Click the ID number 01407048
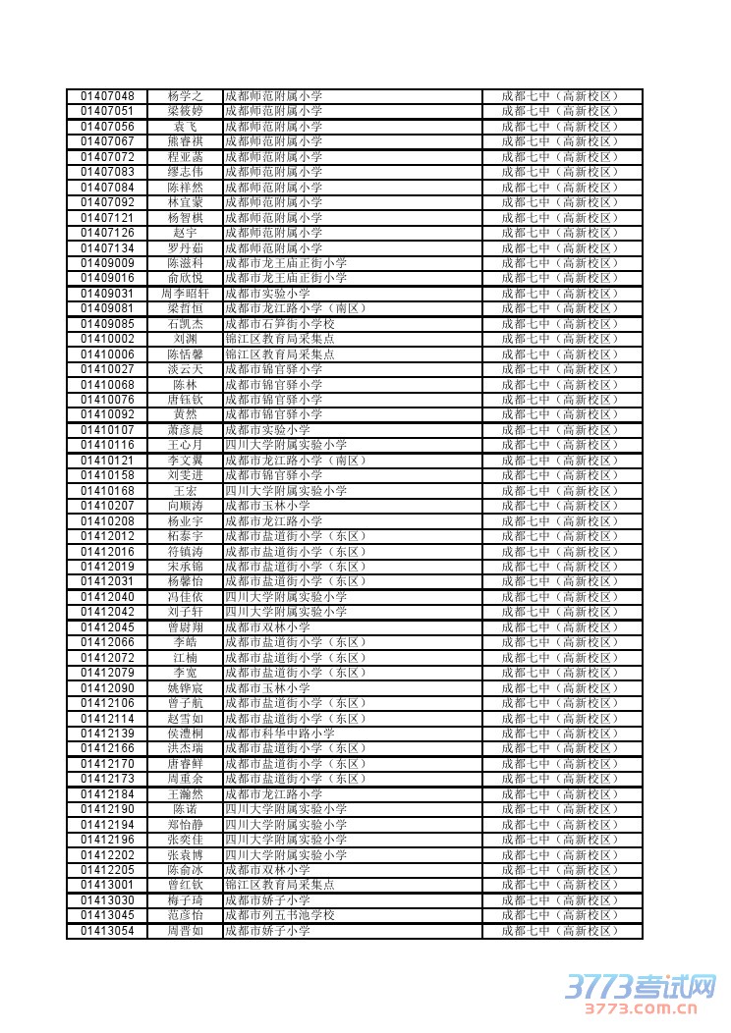(x=107, y=96)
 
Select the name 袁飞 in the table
(x=185, y=127)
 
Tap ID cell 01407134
(x=107, y=248)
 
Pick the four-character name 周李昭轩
(x=185, y=294)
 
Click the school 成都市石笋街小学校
(x=280, y=324)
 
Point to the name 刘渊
(x=185, y=339)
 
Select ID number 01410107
(x=107, y=430)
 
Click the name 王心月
(x=185, y=445)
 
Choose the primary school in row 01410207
(x=267, y=506)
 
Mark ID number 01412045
(x=107, y=627)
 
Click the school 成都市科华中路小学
(x=280, y=734)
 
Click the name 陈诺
(x=185, y=809)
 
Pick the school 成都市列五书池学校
(x=280, y=915)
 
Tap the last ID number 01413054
(x=107, y=931)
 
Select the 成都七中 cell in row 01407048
(x=561, y=96)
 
